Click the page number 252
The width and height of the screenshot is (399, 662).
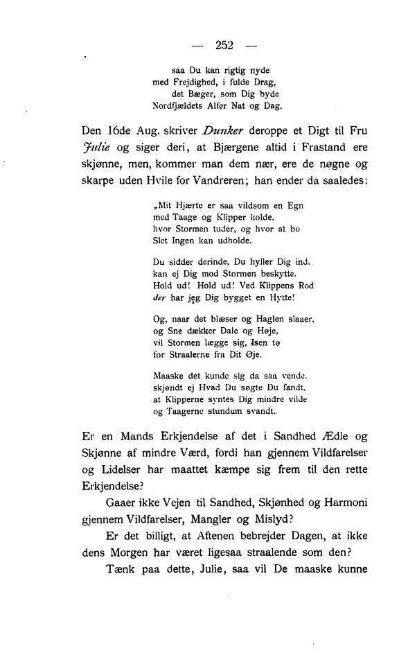(x=225, y=46)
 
